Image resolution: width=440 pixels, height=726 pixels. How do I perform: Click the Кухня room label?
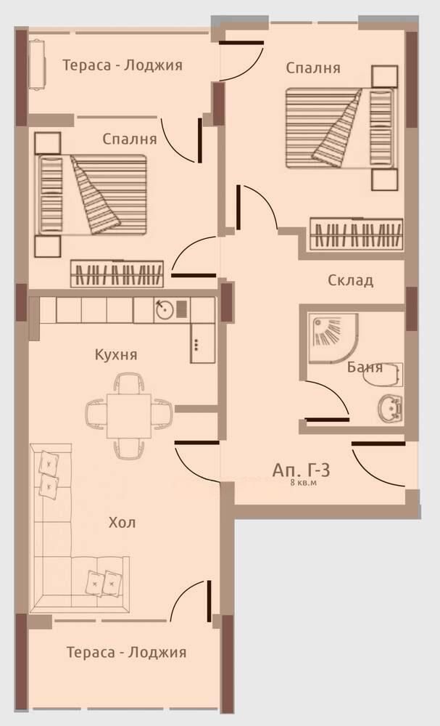tap(116, 355)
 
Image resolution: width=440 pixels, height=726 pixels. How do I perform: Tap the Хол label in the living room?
tap(122, 523)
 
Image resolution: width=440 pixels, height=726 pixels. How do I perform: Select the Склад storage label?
tap(350, 280)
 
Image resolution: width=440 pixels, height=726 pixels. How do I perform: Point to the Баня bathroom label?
tap(365, 367)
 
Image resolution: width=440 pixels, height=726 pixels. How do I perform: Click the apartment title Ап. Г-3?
tap(301, 470)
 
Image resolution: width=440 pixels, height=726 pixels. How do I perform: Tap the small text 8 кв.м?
tap(303, 483)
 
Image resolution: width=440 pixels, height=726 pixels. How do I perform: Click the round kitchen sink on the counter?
tap(164, 310)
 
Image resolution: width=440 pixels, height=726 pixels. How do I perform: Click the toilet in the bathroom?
tap(383, 375)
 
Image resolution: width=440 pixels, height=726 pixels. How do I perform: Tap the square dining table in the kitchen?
tap(129, 416)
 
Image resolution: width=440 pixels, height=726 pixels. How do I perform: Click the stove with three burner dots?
tap(202, 343)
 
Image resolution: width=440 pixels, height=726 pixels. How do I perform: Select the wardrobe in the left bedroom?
tap(117, 274)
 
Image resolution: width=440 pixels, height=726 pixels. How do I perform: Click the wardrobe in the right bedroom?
tap(357, 234)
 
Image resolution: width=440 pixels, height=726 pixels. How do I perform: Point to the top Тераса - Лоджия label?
tap(123, 65)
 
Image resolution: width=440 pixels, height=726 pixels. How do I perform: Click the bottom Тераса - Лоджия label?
tap(127, 653)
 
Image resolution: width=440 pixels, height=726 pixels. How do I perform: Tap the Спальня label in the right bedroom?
tap(313, 68)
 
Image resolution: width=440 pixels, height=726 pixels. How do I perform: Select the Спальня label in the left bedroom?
tap(130, 139)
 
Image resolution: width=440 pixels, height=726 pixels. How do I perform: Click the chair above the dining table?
tap(129, 383)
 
